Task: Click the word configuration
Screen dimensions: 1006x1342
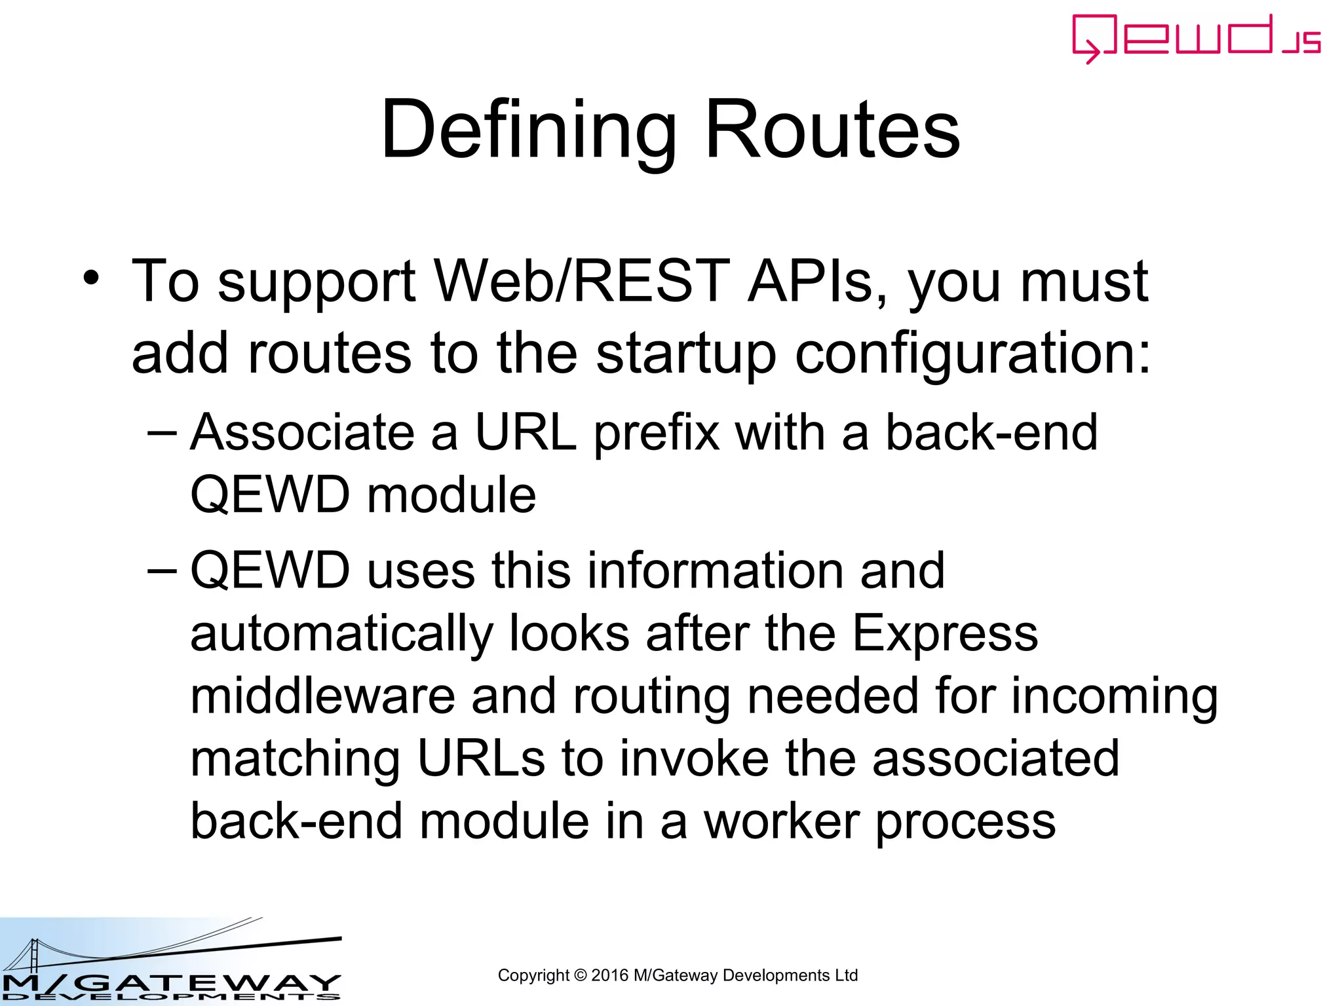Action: (x=972, y=354)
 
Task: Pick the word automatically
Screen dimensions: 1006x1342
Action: (x=341, y=634)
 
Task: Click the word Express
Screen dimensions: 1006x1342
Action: (x=945, y=634)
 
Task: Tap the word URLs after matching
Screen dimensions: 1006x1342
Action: (x=481, y=758)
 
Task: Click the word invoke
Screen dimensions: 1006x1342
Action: (x=695, y=758)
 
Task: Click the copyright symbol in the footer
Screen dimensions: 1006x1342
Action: (x=581, y=975)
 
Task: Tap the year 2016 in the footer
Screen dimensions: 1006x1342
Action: (x=609, y=975)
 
